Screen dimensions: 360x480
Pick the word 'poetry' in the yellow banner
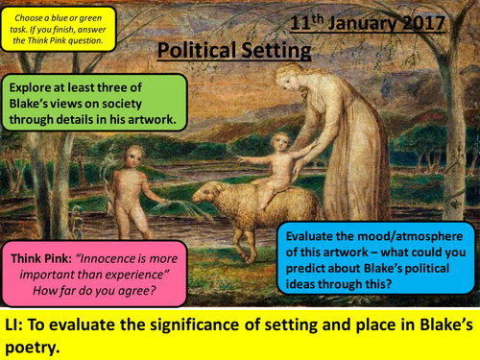coord(39,344)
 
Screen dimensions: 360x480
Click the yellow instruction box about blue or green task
coord(59,27)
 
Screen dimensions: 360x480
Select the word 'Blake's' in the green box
coord(37,101)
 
